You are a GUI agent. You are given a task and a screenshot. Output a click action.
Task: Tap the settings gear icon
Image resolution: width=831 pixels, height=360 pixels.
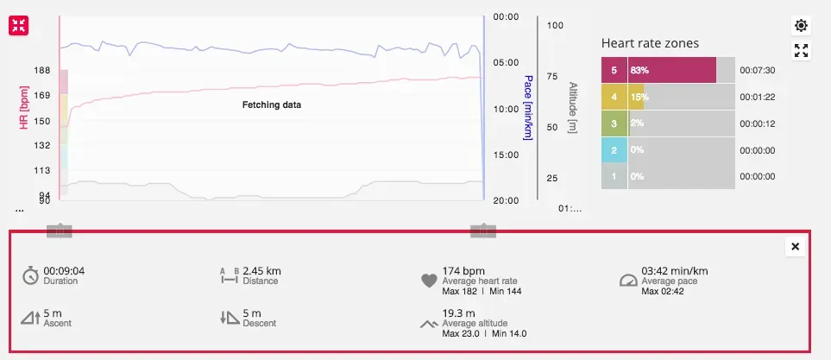click(x=801, y=25)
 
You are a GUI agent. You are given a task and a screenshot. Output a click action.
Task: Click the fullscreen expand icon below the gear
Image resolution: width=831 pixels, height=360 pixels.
click(x=801, y=50)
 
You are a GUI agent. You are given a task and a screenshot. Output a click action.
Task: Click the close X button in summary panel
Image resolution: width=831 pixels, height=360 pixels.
click(x=795, y=247)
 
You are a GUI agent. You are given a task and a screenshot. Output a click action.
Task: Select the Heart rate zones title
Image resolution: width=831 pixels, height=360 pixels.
click(x=649, y=43)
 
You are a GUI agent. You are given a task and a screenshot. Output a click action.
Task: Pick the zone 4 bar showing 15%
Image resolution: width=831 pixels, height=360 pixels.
click(x=638, y=98)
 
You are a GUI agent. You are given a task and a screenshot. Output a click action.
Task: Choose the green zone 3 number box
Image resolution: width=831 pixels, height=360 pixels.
click(x=614, y=123)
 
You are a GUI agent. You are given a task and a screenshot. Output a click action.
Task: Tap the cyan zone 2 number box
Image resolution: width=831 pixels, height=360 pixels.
click(x=614, y=150)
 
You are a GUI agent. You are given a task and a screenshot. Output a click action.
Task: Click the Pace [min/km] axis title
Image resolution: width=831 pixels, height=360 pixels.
click(x=527, y=108)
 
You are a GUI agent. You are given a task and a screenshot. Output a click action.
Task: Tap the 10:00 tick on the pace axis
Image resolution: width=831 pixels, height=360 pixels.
click(x=505, y=110)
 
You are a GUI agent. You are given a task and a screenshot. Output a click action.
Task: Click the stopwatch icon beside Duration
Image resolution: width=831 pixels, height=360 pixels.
click(x=30, y=275)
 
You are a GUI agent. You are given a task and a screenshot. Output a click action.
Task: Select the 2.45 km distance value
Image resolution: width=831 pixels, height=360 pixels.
click(x=261, y=270)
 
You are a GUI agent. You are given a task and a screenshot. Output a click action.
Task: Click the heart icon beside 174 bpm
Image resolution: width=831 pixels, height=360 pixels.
click(x=429, y=280)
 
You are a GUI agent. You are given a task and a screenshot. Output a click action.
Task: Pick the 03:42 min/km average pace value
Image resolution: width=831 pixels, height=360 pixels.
click(x=675, y=270)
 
